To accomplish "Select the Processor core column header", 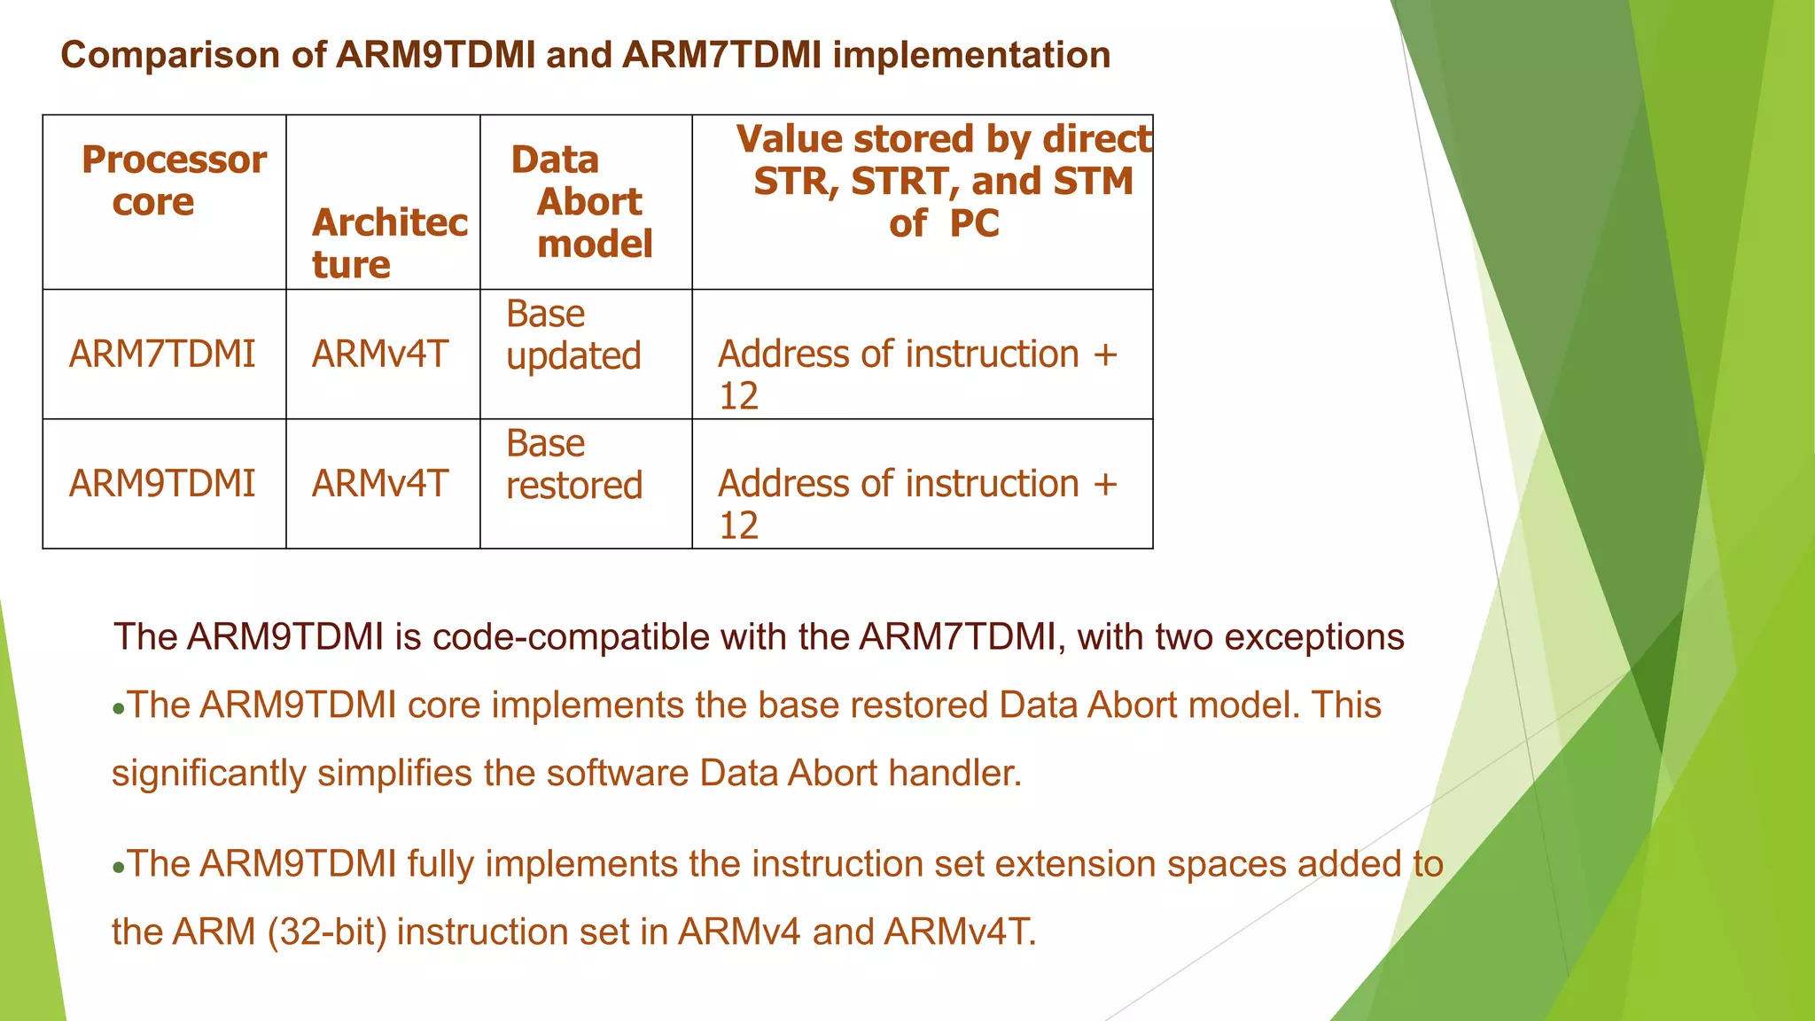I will pyautogui.click(x=174, y=181).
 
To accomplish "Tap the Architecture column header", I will pyautogui.click(x=389, y=243).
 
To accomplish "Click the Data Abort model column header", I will pyautogui.click(x=585, y=202).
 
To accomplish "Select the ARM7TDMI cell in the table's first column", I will pyautogui.click(x=162, y=355).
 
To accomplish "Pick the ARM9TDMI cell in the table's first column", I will pyautogui.click(x=162, y=484).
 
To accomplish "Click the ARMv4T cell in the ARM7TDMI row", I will pyautogui.click(x=380, y=355).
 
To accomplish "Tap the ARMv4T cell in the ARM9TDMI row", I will pyautogui.click(x=380, y=484).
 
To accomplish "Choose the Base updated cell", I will pyautogui.click(x=573, y=335).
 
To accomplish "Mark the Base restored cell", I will pyautogui.click(x=573, y=464).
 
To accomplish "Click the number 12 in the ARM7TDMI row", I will pyautogui.click(x=738, y=396).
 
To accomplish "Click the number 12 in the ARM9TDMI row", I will pyautogui.click(x=738, y=526).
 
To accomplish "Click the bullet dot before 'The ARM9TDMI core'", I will pyautogui.click(x=119, y=709).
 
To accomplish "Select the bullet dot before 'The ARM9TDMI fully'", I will pyautogui.click(x=119, y=868).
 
